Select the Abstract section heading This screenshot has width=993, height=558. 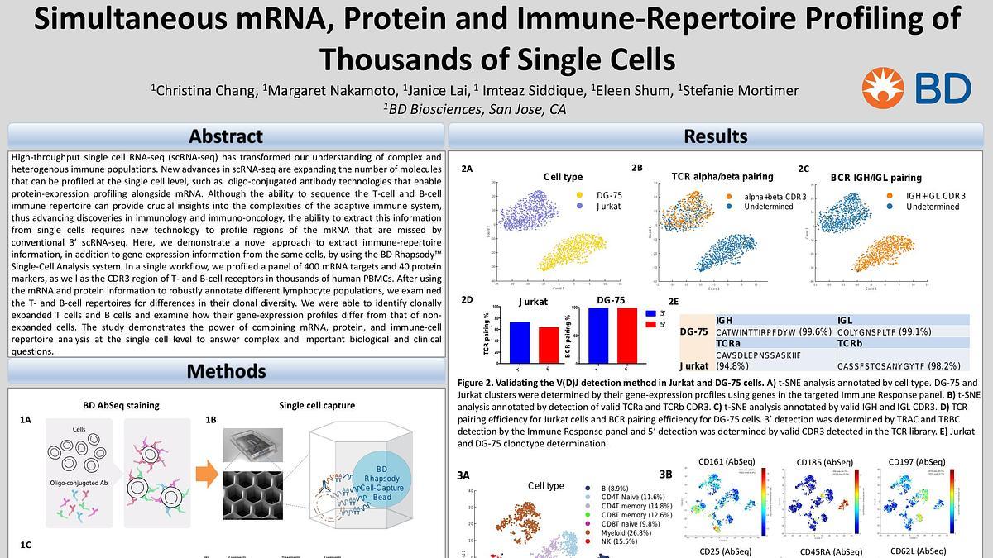coord(225,136)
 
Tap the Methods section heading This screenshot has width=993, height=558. coord(225,370)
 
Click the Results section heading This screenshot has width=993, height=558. coord(715,136)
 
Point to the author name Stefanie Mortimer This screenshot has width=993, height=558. coord(738,90)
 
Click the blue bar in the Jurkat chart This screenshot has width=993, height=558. coord(519,341)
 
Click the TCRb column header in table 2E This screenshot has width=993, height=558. coord(851,343)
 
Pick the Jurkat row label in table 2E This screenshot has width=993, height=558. coord(693,365)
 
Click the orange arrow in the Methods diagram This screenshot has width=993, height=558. coord(207,474)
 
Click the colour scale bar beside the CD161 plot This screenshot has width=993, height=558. coord(765,499)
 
